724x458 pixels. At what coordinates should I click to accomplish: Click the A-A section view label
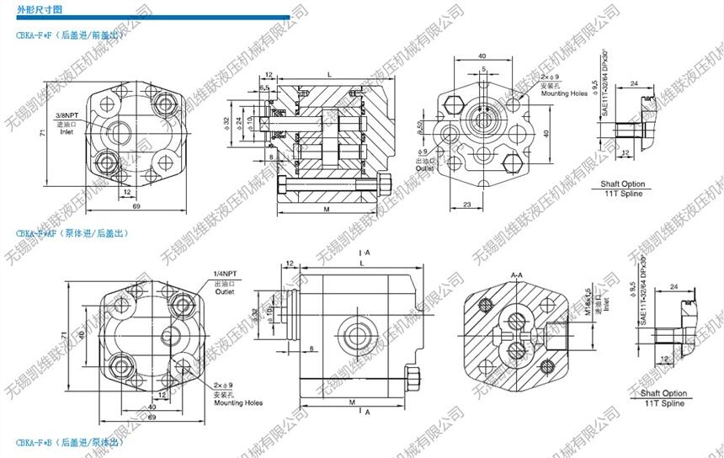click(x=518, y=275)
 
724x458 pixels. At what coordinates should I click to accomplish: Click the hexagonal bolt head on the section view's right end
click(x=386, y=184)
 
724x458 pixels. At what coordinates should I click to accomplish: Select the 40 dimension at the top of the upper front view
click(x=482, y=56)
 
